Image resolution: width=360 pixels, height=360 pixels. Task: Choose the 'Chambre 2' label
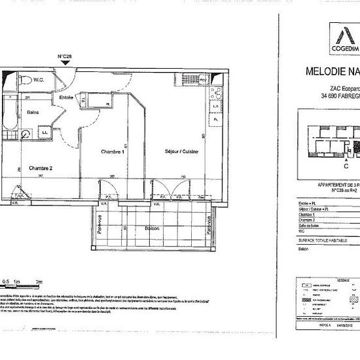41,168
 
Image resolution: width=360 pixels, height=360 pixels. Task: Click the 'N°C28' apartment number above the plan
64,56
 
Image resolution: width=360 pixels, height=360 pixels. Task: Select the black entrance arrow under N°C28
63,63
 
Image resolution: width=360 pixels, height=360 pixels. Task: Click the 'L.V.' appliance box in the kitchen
214,106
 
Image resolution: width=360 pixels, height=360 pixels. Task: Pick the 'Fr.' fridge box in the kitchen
214,120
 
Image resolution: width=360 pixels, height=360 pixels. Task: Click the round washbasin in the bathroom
25,134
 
